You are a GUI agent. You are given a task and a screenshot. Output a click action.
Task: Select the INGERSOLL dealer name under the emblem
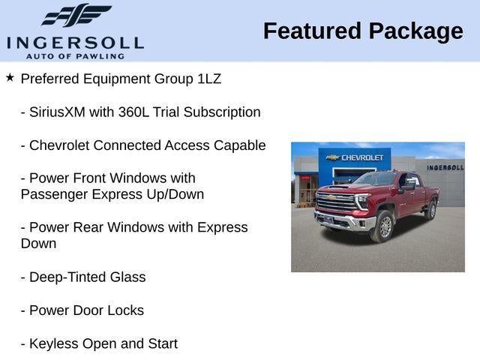pyautogui.click(x=75, y=43)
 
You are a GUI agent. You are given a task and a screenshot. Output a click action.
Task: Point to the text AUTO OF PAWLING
pyautogui.click(x=75, y=55)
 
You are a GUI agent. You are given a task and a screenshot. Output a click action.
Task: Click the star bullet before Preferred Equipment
pyautogui.click(x=10, y=78)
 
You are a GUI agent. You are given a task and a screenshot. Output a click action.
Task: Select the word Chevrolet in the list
pyautogui.click(x=63, y=145)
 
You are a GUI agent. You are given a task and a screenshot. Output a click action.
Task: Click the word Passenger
pyautogui.click(x=52, y=194)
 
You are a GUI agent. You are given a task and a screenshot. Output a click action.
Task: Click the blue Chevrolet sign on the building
pyautogui.click(x=355, y=157)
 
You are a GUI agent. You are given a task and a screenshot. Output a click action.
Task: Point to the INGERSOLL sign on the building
pyautogui.click(x=445, y=167)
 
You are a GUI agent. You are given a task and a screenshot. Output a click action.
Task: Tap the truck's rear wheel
pyautogui.click(x=430, y=210)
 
